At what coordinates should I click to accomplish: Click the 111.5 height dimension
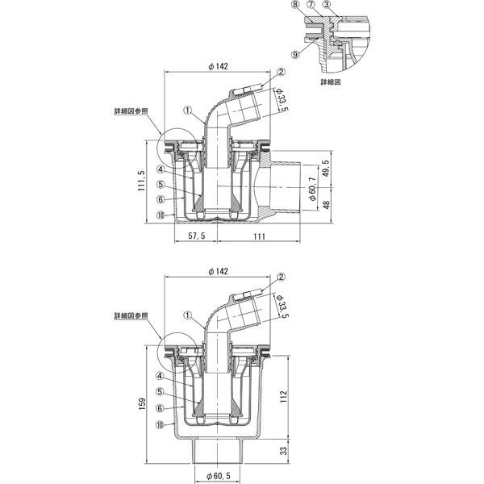(141, 181)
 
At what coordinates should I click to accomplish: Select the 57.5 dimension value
(197, 236)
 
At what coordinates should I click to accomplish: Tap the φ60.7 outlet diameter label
(313, 189)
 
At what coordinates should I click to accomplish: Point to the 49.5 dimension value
(326, 169)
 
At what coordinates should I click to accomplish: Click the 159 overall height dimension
(142, 404)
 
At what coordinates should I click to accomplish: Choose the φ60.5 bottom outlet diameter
(219, 476)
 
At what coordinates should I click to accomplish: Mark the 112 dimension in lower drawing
(284, 396)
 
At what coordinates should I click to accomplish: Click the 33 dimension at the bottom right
(283, 451)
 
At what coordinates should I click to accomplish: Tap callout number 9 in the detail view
(295, 55)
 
